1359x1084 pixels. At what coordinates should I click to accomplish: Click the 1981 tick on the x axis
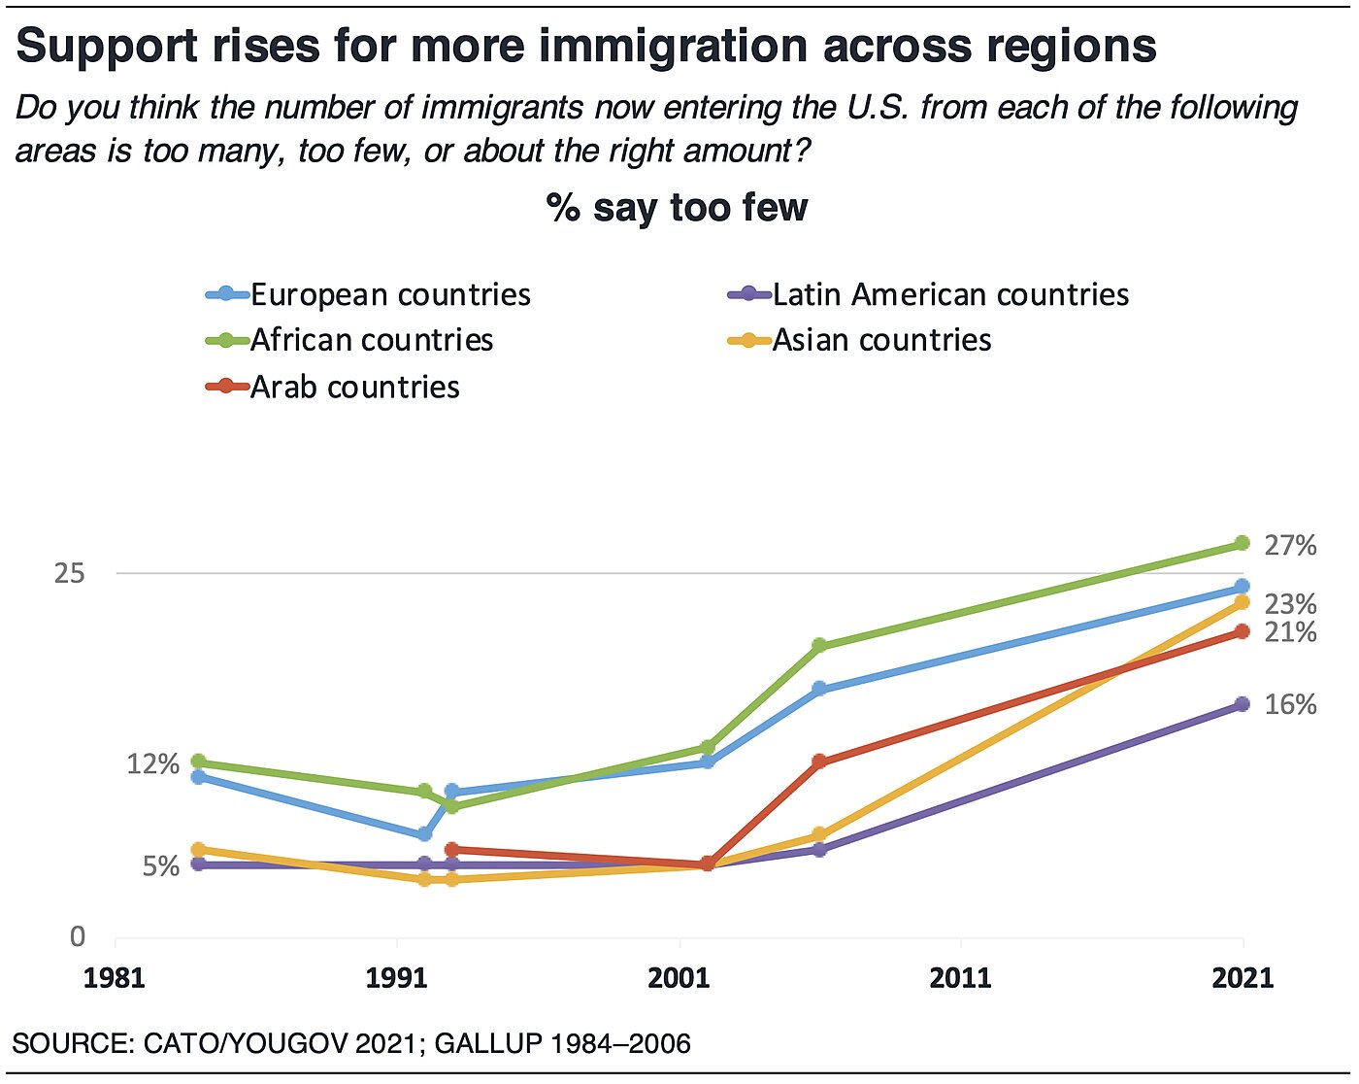coord(115,976)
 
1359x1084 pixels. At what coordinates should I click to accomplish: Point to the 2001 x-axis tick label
coord(679,976)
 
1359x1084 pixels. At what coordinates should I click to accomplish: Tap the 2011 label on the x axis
coord(961,976)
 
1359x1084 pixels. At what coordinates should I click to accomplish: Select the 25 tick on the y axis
coord(70,573)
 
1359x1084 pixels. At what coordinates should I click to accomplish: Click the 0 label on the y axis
coord(78,937)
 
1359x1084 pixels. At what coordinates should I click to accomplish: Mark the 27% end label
coord(1290,546)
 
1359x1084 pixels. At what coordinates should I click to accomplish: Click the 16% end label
coord(1290,704)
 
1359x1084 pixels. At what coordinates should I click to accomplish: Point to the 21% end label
coord(1290,633)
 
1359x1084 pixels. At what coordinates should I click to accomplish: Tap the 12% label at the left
coord(153,764)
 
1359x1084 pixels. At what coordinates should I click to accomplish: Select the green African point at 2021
coord(1242,543)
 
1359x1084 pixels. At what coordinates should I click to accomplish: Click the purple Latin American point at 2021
coord(1242,704)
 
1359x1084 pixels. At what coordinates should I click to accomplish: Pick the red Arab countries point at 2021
coord(1242,632)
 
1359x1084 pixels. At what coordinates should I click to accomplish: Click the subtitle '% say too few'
coord(677,208)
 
